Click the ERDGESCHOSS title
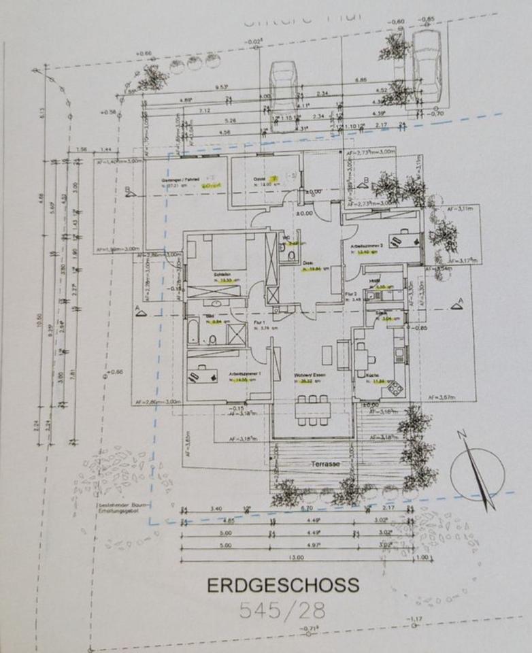pyautogui.click(x=282, y=585)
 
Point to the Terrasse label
pyautogui.click(x=325, y=463)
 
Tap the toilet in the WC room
pyautogui.click(x=290, y=255)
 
